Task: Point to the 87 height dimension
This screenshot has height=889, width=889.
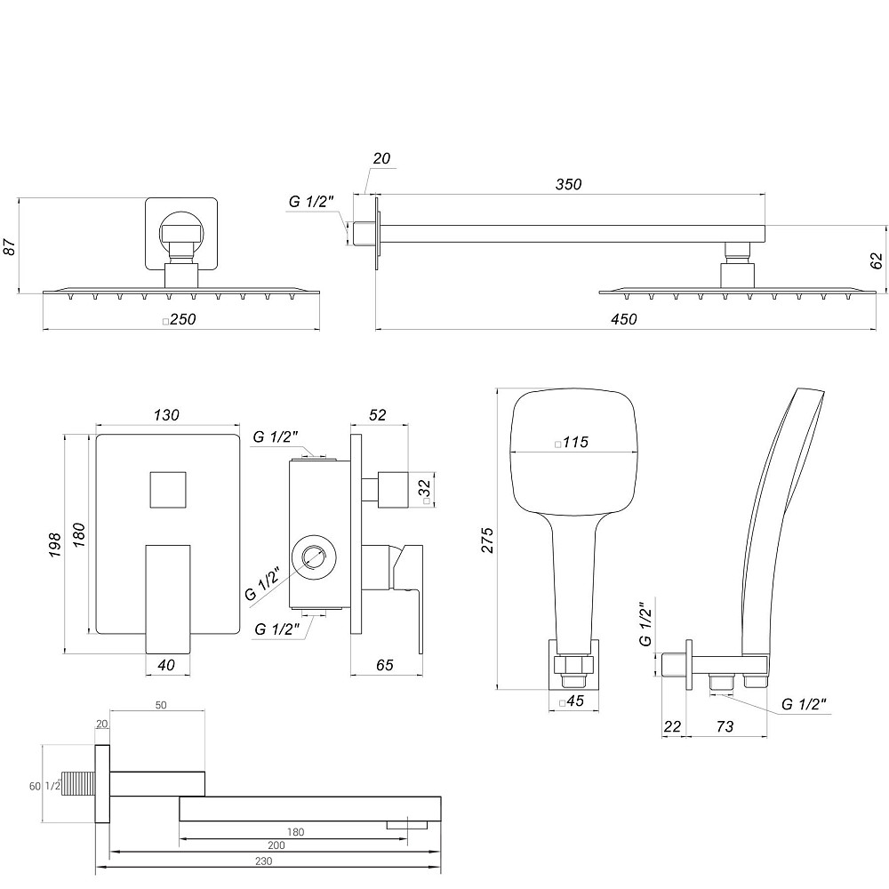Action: (x=10, y=247)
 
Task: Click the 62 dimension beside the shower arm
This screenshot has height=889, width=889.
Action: (x=877, y=260)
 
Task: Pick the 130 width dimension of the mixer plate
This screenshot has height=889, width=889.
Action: (x=166, y=415)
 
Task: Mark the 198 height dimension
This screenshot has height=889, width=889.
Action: (x=54, y=542)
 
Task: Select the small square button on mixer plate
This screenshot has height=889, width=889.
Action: (x=168, y=489)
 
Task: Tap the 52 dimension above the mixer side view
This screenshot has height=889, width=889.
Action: (x=377, y=415)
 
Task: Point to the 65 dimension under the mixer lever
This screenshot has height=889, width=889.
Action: (x=384, y=664)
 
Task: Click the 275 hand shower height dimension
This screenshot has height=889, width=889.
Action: (x=486, y=540)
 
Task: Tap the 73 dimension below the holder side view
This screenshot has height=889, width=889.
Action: (x=724, y=726)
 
